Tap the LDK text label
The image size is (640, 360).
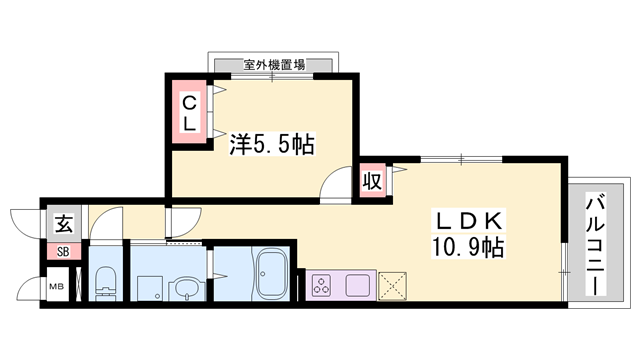471,219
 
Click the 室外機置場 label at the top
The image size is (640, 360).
273,65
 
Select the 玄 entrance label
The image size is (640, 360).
63,222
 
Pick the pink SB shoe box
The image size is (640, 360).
63,251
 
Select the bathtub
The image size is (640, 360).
273,274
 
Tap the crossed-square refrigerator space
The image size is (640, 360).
393,285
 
